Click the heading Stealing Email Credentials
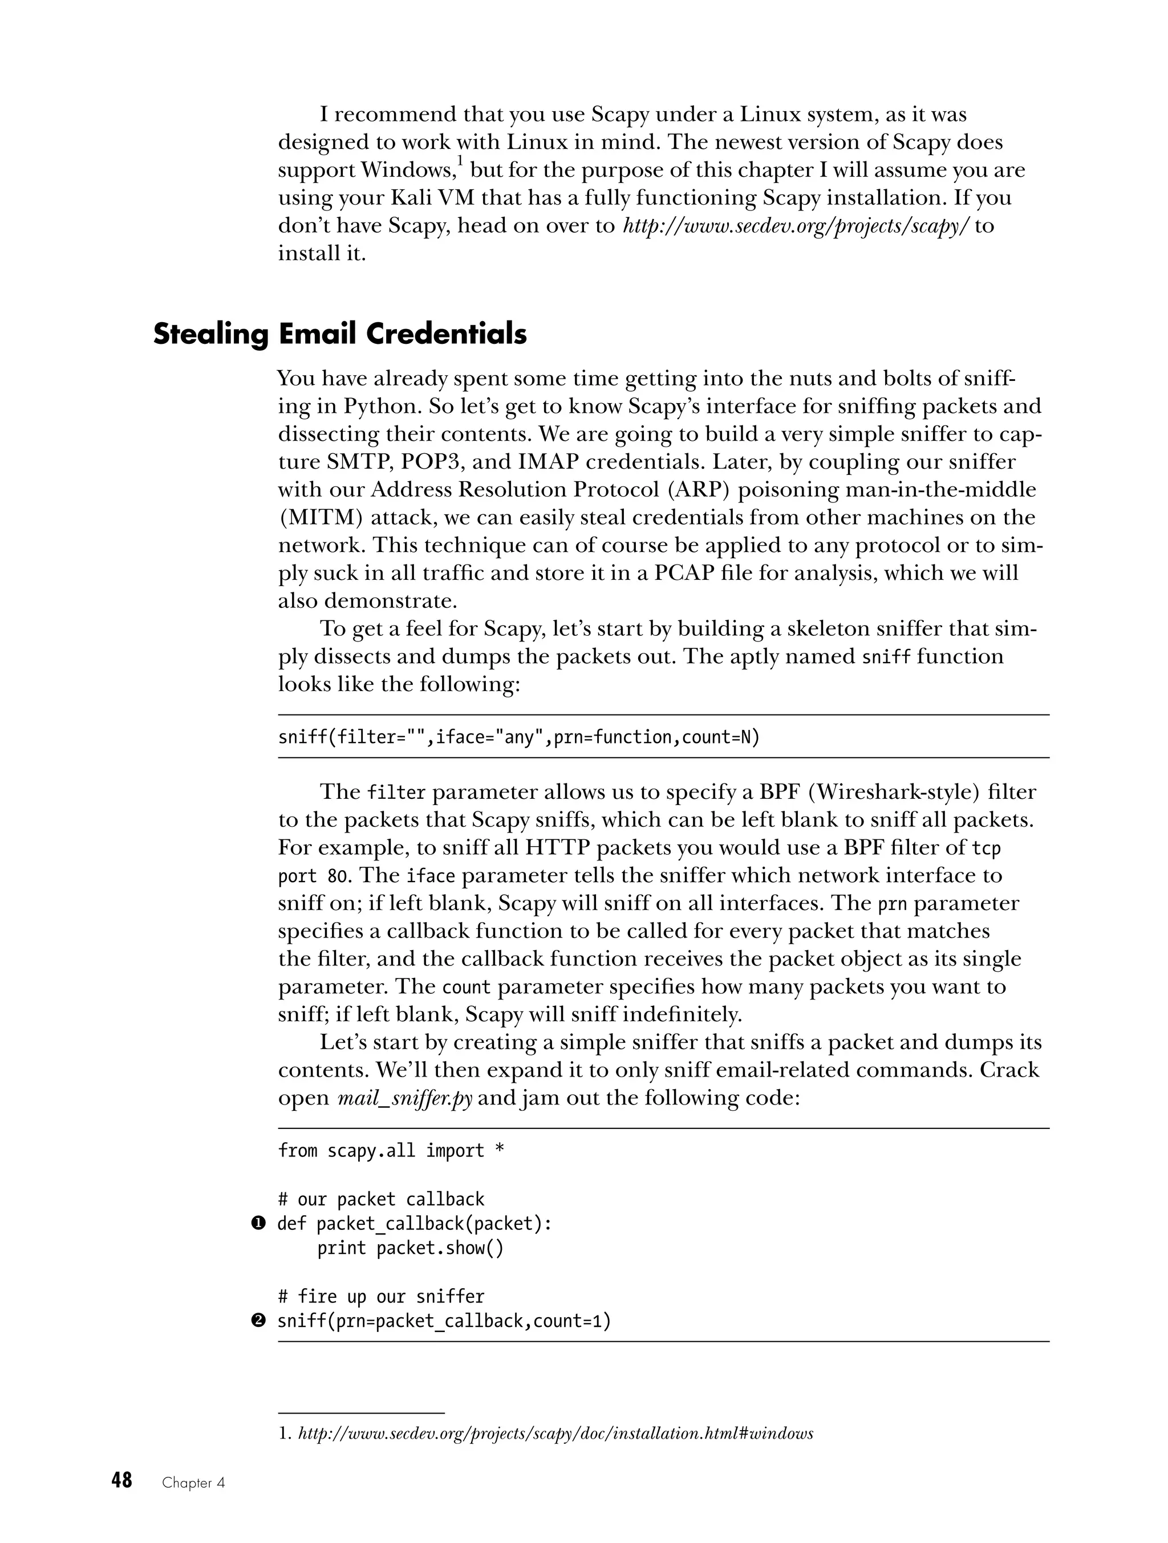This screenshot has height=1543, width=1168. (x=340, y=335)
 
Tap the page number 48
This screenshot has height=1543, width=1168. (x=121, y=1480)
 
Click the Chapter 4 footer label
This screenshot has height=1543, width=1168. (x=193, y=1483)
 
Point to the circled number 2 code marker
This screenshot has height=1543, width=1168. (x=258, y=1321)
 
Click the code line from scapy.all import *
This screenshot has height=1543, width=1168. (x=391, y=1150)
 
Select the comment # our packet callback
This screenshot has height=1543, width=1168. (x=381, y=1199)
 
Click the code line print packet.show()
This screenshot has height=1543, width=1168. (x=410, y=1248)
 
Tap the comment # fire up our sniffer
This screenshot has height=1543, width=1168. (x=381, y=1296)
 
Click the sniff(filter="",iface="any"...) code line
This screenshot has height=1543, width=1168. (x=518, y=737)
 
